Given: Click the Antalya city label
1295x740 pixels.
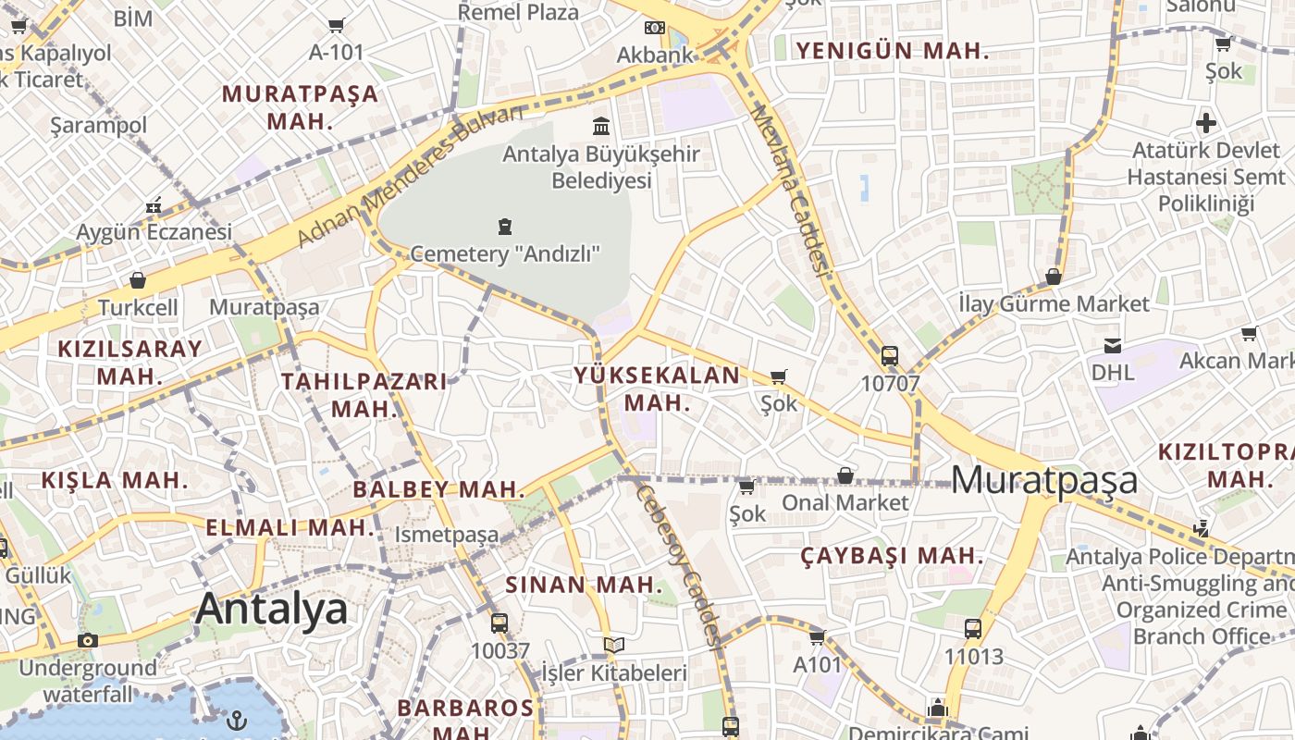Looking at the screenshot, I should click(272, 609).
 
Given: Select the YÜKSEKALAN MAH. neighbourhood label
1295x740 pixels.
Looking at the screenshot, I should click(657, 388).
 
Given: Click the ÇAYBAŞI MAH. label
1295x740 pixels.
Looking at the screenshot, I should click(892, 556).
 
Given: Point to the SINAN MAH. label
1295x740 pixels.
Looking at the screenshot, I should click(584, 585).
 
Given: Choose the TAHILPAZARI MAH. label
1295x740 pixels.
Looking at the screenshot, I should click(364, 395).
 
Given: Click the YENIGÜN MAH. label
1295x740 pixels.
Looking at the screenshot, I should click(893, 51).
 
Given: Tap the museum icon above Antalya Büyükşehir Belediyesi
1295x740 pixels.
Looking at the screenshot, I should click(601, 126).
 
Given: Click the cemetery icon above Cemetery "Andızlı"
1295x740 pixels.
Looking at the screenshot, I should click(504, 226).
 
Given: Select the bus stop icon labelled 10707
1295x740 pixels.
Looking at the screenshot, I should click(889, 356).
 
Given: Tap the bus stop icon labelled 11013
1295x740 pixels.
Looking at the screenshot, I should click(973, 629).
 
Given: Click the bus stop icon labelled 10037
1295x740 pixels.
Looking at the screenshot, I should click(499, 623).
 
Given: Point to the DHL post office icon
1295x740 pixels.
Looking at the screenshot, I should click(1112, 346).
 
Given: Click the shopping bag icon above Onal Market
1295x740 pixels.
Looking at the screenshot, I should click(845, 475).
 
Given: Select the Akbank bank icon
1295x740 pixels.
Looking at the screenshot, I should click(655, 28).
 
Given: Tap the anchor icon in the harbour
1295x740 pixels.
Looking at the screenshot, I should click(238, 718).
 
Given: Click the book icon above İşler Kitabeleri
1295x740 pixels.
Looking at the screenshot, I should click(613, 645).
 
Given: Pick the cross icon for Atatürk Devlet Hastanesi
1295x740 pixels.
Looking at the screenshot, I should click(1206, 122).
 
